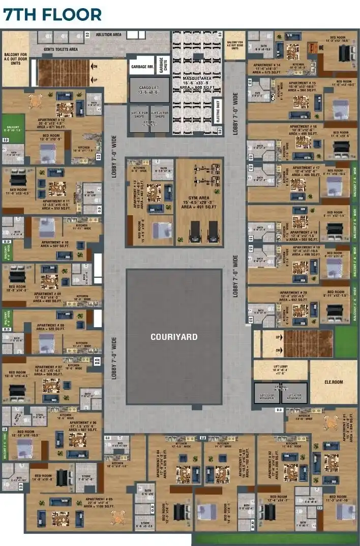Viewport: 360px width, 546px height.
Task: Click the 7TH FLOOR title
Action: pyautogui.click(x=52, y=14)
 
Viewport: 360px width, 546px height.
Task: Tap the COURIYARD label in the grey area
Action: pyautogui.click(x=173, y=337)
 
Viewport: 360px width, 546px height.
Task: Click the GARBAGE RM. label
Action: pyautogui.click(x=142, y=67)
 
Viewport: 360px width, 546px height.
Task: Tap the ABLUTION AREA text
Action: pyautogui.click(x=108, y=35)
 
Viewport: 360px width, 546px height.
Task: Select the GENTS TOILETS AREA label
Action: pyautogui.click(x=61, y=49)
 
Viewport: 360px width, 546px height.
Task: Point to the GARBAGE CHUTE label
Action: pyautogui.click(x=164, y=66)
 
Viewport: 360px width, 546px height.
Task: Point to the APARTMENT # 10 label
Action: pyautogui.click(x=55, y=242)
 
